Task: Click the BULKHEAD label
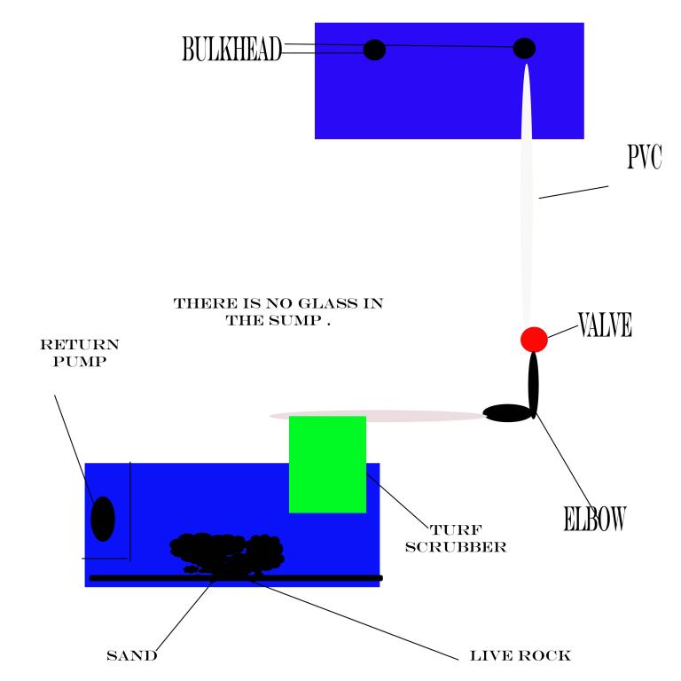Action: tap(232, 49)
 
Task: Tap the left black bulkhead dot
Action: tap(374, 50)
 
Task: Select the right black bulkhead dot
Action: tap(524, 48)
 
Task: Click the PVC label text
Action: tap(644, 157)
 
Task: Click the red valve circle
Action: tap(534, 340)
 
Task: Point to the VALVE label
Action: tap(605, 325)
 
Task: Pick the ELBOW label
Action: tap(594, 519)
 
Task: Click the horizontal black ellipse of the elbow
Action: tap(507, 413)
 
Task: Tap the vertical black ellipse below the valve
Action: tap(533, 385)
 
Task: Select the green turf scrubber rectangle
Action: tap(327, 465)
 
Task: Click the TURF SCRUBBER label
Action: tap(456, 538)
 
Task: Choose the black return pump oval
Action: tap(103, 519)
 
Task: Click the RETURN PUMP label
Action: tap(80, 353)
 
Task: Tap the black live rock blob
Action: tap(227, 555)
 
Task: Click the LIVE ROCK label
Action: tap(521, 656)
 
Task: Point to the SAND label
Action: tap(132, 656)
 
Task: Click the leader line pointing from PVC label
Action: tap(574, 192)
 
